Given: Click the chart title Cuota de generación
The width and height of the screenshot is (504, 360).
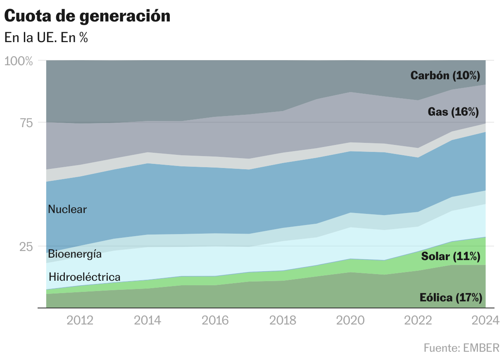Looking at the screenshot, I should coord(87,16).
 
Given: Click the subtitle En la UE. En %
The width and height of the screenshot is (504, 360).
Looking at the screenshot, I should coord(46,38).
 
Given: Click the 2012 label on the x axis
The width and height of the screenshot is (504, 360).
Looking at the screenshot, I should coord(80,320).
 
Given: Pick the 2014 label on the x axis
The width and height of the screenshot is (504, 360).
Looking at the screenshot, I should coord(147,320).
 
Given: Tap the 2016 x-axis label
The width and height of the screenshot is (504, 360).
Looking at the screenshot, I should coord(215,320).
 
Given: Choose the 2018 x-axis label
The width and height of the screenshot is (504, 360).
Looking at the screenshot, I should coord(283,320).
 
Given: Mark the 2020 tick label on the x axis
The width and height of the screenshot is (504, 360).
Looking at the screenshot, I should coord(350,320).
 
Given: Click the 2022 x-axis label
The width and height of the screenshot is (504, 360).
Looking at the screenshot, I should coord(418,320).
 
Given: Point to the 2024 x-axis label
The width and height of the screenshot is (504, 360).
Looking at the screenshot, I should coord(486,320).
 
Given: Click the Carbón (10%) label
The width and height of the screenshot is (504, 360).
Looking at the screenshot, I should coord(445,75).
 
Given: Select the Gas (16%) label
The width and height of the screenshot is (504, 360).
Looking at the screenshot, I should coord(453,111).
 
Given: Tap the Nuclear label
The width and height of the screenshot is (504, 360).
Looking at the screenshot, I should coord(67,209).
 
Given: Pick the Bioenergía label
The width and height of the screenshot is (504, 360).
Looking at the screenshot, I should coord(75,254).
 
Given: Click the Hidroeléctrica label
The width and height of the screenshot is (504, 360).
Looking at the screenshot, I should coord(85,277).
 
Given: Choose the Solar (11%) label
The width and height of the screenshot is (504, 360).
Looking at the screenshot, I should coord(451,256).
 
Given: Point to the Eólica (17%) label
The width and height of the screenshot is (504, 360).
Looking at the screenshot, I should coord(451,298).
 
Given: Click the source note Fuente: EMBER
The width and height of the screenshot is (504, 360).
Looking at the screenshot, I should coord(461,348).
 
